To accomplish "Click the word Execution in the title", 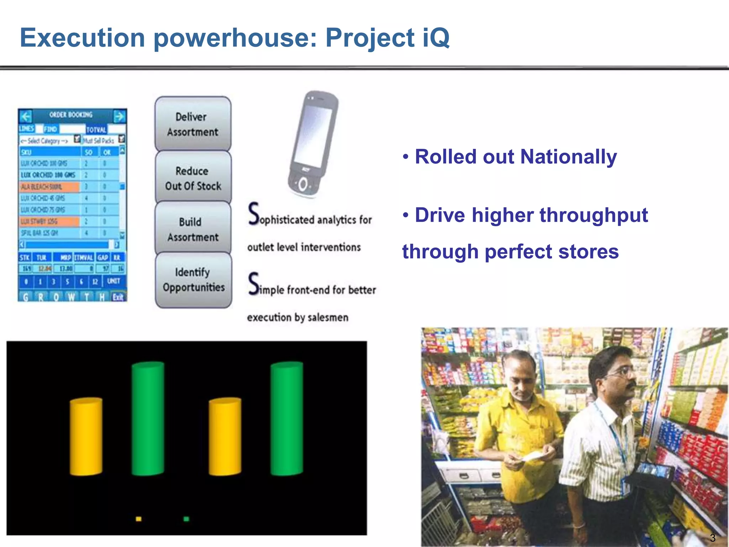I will tap(82, 38).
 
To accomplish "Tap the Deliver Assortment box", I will tap(193, 124).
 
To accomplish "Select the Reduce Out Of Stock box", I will tap(193, 178).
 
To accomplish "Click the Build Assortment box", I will tap(193, 229).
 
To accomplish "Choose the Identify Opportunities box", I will tap(193, 280).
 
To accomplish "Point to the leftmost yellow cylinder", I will tap(86, 436).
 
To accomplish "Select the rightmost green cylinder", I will tap(287, 418).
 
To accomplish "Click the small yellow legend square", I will tap(138, 519).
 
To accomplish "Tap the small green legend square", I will tap(186, 519).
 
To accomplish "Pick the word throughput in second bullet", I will tap(593, 215).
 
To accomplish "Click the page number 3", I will tap(712, 538).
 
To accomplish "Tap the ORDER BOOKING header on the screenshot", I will tap(70, 115).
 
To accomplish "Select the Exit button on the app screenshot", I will tap(118, 297).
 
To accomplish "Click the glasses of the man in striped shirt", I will tap(624, 372).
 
